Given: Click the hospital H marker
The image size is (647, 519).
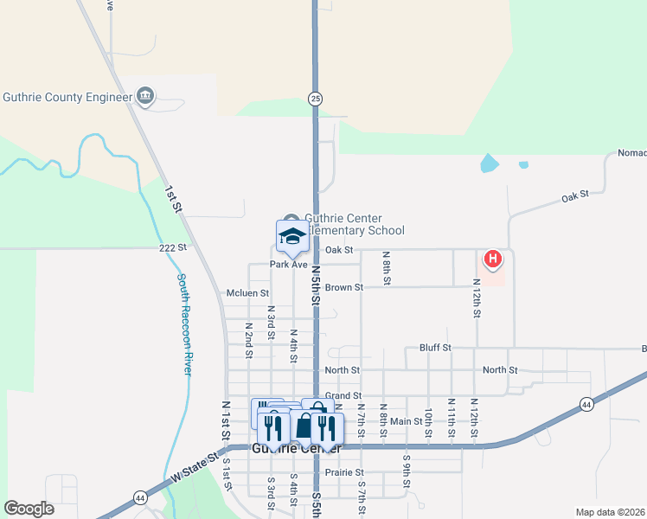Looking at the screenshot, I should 492,258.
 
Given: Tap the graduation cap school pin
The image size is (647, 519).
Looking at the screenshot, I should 292,236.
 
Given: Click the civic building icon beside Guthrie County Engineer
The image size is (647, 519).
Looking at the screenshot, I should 145,96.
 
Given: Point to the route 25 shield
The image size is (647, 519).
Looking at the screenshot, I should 316,99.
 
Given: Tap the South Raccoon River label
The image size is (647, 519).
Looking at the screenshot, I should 184,324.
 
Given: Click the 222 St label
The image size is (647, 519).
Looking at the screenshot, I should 172,247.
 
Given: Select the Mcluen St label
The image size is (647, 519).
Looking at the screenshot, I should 247,293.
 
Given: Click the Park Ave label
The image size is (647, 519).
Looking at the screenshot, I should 288,265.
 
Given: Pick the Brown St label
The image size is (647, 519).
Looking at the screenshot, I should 344,286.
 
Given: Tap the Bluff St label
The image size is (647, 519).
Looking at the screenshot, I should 435,348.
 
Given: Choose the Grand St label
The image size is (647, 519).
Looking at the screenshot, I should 343,394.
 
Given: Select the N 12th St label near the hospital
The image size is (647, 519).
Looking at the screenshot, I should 477,298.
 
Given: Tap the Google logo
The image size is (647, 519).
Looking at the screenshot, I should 29,509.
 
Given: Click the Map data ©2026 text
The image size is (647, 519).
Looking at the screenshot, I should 610,512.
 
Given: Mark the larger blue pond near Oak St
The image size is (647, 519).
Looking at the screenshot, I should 490,163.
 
